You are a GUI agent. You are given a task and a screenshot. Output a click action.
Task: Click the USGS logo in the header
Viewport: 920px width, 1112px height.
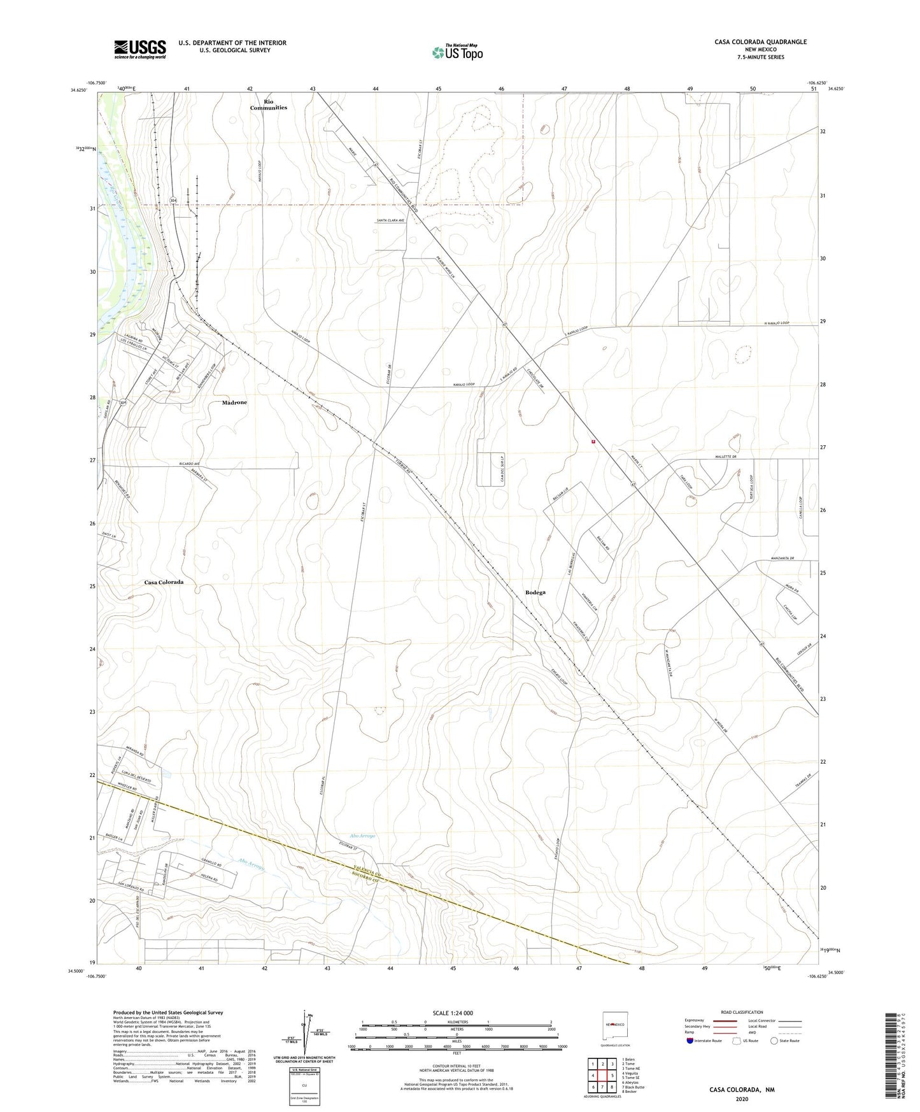point(140,48)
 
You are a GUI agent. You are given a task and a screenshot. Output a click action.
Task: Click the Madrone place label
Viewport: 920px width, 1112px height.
point(234,403)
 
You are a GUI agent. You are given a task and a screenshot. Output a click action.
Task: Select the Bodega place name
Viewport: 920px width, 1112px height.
point(535,592)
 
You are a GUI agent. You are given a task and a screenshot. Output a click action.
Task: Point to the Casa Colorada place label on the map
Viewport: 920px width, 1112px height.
point(164,582)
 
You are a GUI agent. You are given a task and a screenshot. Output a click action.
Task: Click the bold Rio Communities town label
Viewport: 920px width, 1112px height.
point(269,104)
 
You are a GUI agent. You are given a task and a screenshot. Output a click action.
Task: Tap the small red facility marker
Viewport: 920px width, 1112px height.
point(593,441)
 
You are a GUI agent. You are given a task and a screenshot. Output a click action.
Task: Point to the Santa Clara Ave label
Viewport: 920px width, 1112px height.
point(392,220)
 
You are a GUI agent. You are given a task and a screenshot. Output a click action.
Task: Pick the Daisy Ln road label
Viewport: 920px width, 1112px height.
point(109,536)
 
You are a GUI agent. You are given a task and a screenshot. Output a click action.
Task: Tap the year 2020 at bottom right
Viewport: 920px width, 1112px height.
point(742,1099)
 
